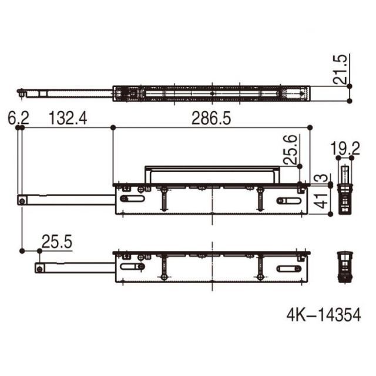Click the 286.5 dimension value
pyautogui.click(x=211, y=118)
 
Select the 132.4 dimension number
pyautogui.click(x=68, y=118)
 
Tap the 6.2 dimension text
pyautogui.click(x=18, y=118)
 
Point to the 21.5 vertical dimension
pyautogui.click(x=340, y=69)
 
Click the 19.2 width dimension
pyautogui.click(x=345, y=149)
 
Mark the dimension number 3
pyautogui.click(x=323, y=178)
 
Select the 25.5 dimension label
pyautogui.click(x=57, y=241)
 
